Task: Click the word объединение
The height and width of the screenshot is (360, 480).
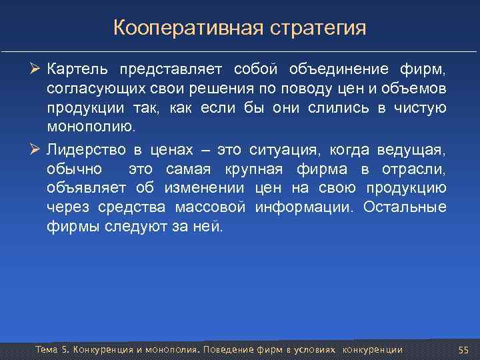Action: pyautogui.click(x=337, y=70)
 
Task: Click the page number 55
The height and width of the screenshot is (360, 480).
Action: pyautogui.click(x=464, y=350)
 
